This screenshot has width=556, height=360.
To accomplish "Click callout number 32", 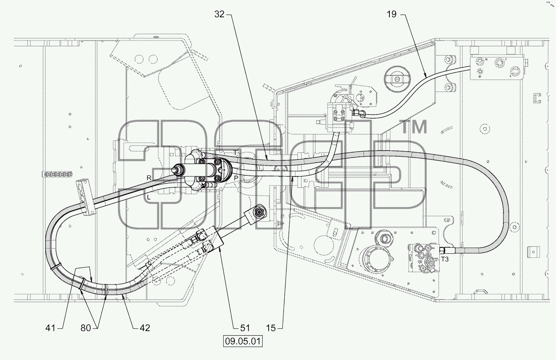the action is [219, 14].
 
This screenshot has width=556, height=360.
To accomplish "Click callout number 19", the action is [392, 14].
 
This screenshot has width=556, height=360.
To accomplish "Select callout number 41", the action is [50, 328].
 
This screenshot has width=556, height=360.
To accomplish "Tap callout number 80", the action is [86, 328].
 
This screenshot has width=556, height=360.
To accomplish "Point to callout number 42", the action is [145, 328].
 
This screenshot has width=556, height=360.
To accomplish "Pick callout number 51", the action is [245, 328].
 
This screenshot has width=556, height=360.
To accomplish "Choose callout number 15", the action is [271, 328].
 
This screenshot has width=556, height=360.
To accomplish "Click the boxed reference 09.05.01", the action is [243, 341].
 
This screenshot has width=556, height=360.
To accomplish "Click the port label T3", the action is [445, 259].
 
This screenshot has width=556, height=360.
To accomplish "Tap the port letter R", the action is [149, 178].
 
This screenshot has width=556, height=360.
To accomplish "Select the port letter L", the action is [149, 197].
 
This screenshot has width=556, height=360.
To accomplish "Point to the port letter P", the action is [236, 178].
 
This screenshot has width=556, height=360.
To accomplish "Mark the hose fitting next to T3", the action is [446, 250].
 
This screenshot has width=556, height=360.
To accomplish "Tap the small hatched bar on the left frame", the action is [57, 174].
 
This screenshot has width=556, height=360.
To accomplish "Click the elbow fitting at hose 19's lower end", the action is [359, 114].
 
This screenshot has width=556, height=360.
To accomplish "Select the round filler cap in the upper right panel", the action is [397, 79].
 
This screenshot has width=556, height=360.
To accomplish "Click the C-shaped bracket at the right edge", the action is [537, 98].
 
